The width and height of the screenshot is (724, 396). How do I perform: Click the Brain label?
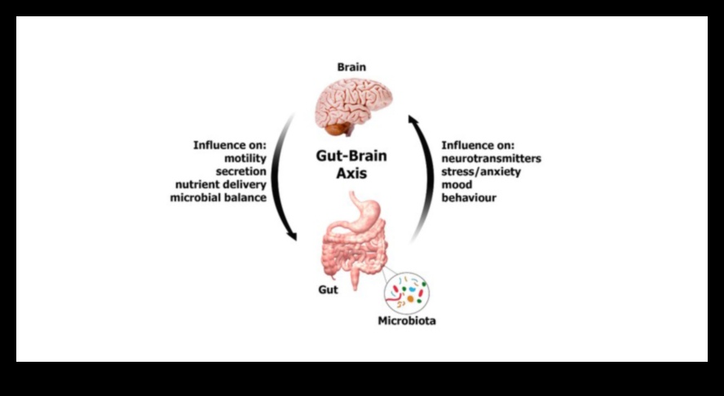351,67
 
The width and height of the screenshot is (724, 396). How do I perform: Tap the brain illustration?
352,101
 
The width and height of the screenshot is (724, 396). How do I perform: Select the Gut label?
327,290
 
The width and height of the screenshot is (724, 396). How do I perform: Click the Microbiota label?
406,321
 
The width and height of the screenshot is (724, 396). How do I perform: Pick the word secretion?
241,172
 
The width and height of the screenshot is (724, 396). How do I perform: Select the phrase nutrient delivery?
220,185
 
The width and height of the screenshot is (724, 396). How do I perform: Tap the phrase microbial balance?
219,198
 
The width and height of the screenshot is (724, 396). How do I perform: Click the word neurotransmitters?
491,159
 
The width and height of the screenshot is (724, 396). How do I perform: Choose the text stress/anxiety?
480,172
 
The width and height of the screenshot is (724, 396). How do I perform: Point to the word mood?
455,185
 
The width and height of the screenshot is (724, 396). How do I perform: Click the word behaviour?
468,198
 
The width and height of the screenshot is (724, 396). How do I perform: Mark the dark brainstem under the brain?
336,129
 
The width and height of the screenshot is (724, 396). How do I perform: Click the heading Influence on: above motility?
230,146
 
